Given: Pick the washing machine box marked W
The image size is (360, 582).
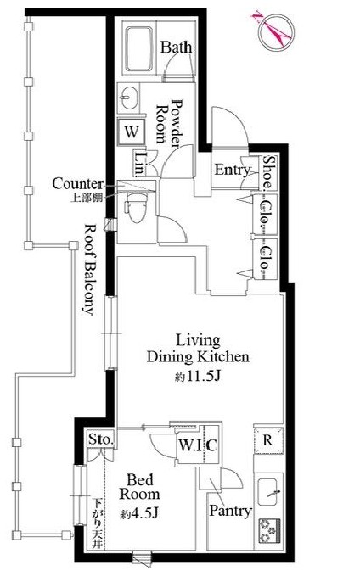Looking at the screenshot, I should (132, 132).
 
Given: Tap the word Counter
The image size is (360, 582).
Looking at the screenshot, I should (77, 183).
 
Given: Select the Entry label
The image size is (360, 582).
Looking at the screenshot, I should (231, 171).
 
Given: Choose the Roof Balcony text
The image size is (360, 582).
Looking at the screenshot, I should (87, 269).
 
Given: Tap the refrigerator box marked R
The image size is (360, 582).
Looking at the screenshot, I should (265, 440).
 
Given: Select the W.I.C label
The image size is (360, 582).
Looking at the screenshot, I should (197, 445).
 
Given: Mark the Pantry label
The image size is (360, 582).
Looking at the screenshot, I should (229, 511).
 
